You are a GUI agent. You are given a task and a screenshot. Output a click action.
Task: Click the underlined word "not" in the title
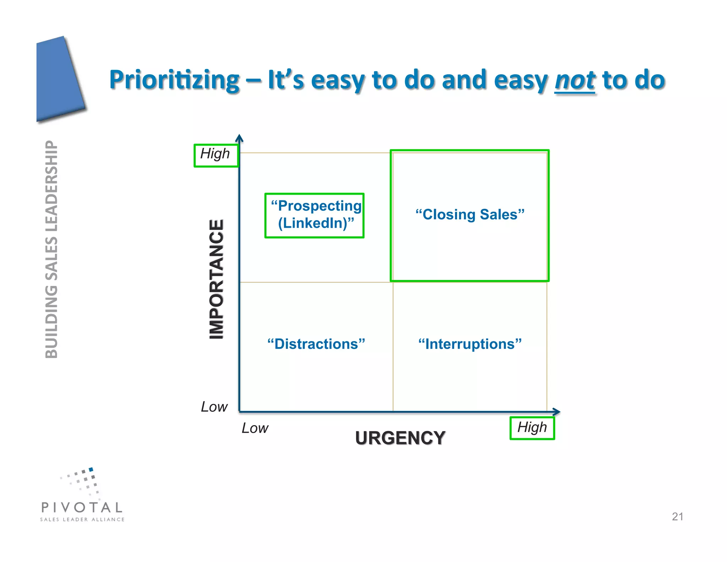tap(575, 80)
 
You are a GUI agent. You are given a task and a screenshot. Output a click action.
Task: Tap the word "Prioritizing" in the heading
tap(174, 80)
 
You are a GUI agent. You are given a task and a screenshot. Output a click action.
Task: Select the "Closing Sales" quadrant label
tap(470, 215)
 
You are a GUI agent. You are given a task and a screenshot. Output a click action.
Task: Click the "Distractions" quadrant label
tap(316, 344)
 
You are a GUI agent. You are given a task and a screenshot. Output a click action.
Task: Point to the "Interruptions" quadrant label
tap(470, 344)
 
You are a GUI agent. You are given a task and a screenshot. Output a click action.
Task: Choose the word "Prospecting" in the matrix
tap(319, 206)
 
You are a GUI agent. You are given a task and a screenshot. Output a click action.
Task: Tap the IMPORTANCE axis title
tap(217, 279)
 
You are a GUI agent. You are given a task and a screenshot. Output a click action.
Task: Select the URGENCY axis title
tap(400, 438)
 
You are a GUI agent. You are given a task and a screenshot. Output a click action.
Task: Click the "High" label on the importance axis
tap(215, 154)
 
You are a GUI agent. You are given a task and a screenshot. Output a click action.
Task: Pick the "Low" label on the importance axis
tap(214, 407)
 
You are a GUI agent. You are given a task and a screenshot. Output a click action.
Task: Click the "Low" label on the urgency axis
tap(255, 428)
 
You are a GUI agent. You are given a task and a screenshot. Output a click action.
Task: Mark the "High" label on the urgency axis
tap(532, 427)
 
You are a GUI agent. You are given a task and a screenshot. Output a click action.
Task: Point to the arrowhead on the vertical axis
tap(240, 138)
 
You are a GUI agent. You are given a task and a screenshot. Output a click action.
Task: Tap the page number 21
tap(677, 517)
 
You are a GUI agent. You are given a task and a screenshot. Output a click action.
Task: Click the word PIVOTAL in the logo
tap(82, 507)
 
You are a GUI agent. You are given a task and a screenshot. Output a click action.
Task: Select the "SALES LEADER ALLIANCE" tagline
tap(82, 519)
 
